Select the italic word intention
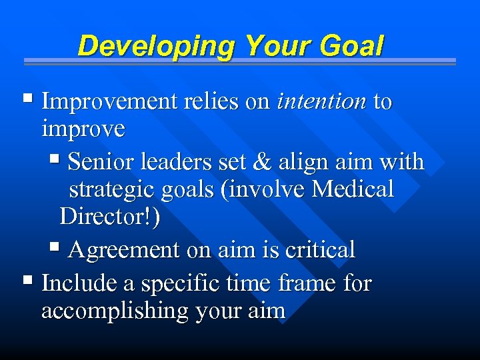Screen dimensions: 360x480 click(x=321, y=101)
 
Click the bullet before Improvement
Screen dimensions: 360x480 click(x=27, y=100)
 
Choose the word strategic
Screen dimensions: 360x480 click(x=111, y=190)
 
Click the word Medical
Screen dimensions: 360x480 click(x=353, y=189)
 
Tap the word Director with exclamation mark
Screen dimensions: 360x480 click(x=109, y=217)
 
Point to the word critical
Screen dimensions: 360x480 click(x=320, y=250)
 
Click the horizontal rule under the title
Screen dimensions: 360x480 click(x=240, y=61)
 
